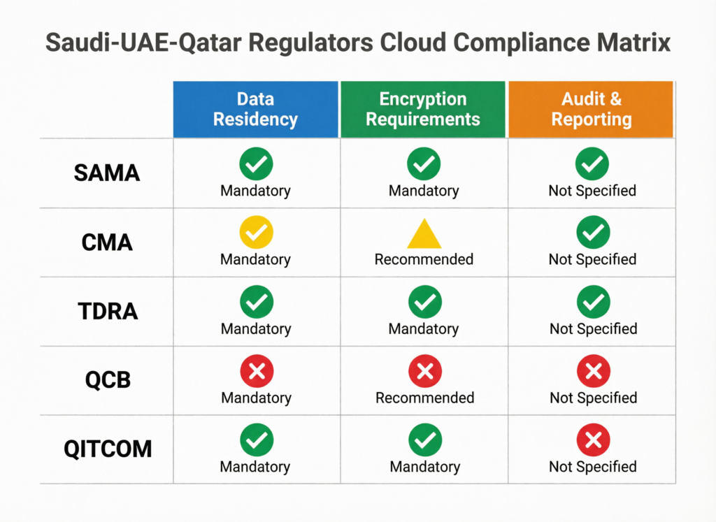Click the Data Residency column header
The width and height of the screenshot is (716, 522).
click(255, 109)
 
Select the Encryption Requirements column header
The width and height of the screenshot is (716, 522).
click(423, 109)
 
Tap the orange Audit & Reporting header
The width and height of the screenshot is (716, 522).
click(591, 109)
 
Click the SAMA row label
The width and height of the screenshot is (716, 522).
click(107, 173)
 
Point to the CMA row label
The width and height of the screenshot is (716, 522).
click(107, 242)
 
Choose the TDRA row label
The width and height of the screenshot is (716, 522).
click(107, 311)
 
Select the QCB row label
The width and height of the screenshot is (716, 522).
click(107, 380)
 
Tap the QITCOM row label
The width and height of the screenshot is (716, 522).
click(107, 449)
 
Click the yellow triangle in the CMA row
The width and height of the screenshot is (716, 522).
click(424, 234)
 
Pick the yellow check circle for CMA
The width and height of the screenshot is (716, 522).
click(256, 232)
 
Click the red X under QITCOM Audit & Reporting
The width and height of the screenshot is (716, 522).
click(593, 440)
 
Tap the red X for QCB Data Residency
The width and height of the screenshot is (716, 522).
click(256, 371)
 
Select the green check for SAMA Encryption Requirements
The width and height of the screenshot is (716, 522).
click(424, 164)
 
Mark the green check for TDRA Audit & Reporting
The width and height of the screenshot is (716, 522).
click(593, 303)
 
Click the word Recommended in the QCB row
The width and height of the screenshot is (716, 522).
click(424, 398)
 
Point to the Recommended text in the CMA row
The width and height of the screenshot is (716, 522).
click(424, 260)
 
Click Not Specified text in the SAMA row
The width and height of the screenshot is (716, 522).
click(592, 191)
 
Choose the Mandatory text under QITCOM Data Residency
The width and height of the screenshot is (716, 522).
click(255, 467)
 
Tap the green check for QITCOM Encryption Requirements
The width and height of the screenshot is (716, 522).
click(424, 440)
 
